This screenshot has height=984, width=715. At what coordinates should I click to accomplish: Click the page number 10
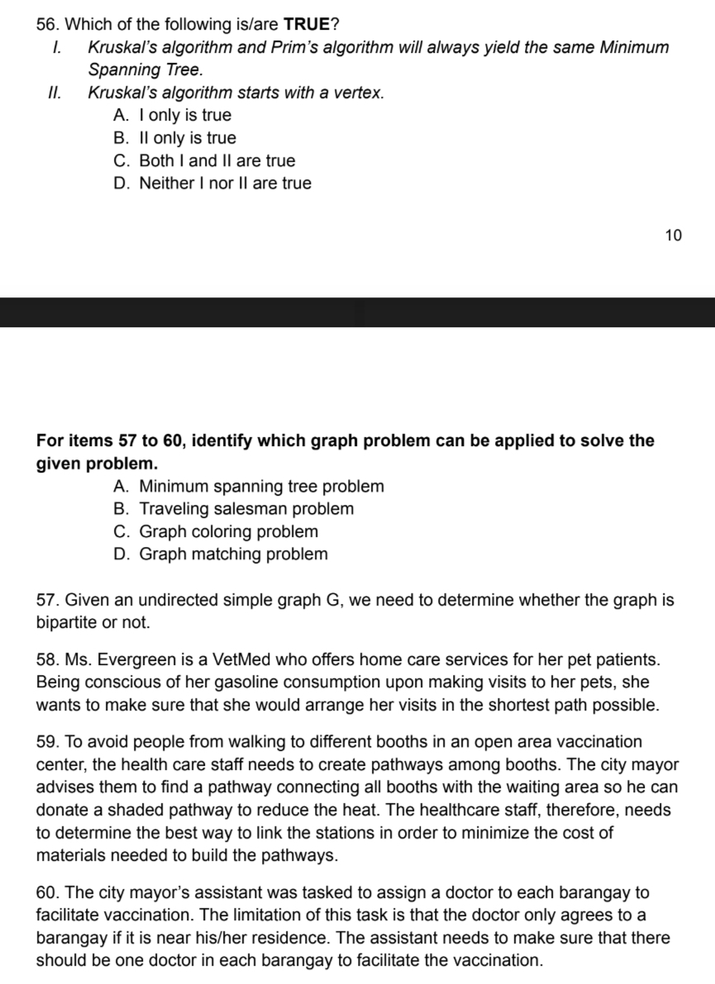(x=673, y=235)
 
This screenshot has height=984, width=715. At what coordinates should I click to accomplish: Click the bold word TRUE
(x=307, y=23)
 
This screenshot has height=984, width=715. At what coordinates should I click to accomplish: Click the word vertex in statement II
(x=355, y=93)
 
